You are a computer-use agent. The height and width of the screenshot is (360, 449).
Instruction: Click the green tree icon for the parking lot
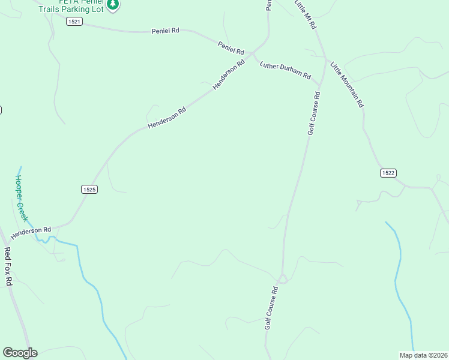[112, 5]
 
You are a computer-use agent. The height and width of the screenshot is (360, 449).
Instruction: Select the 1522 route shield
[388, 173]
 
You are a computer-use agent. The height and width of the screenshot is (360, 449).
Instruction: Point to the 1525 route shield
[89, 189]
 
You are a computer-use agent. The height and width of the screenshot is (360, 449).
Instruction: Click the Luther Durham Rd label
[285, 70]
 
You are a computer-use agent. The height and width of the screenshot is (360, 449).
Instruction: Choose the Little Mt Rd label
[306, 14]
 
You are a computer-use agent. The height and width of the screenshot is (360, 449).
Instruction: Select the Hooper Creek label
[21, 198]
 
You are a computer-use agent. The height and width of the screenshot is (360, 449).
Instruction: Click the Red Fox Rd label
[8, 266]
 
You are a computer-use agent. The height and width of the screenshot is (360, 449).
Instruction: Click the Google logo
[20, 353]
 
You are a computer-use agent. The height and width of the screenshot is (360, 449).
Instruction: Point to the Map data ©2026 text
[423, 355]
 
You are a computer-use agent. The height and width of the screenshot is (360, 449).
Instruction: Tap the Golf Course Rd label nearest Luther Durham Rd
[314, 113]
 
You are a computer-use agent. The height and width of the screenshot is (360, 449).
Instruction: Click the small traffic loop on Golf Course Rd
[282, 279]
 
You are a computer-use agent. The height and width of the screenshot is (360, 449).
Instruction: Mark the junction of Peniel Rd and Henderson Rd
[254, 52]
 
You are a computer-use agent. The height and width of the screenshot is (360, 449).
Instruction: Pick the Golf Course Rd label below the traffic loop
[271, 307]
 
